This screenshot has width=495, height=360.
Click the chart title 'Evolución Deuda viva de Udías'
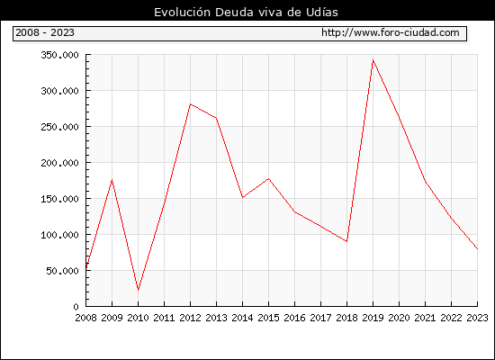[x=246, y=12]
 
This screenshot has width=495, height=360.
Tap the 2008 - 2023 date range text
[x=45, y=32]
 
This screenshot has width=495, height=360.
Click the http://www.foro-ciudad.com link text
[x=391, y=32]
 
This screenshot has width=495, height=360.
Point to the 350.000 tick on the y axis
[x=59, y=55]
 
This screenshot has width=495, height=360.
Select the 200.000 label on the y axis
[x=59, y=163]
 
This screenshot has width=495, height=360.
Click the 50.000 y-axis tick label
[x=62, y=271]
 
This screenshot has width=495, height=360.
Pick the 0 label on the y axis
[x=76, y=307]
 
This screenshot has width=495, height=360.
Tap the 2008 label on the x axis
[x=85, y=318]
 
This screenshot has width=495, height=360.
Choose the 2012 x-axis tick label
[x=191, y=318]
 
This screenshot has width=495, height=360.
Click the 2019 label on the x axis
[x=373, y=318]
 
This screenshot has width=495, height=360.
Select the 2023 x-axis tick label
[x=477, y=318]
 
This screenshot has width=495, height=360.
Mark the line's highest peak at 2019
[x=373, y=59]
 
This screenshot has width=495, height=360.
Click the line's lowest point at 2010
[x=138, y=290]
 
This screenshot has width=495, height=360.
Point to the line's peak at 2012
[x=191, y=103]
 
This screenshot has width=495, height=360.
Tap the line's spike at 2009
[x=112, y=180]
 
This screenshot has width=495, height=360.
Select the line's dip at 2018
[x=346, y=241]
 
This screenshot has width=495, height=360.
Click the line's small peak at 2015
[x=269, y=179]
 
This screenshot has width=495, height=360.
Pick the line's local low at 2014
[x=242, y=198]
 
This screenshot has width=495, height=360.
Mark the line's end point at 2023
[x=477, y=248]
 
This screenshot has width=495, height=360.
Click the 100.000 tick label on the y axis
[x=59, y=235]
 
